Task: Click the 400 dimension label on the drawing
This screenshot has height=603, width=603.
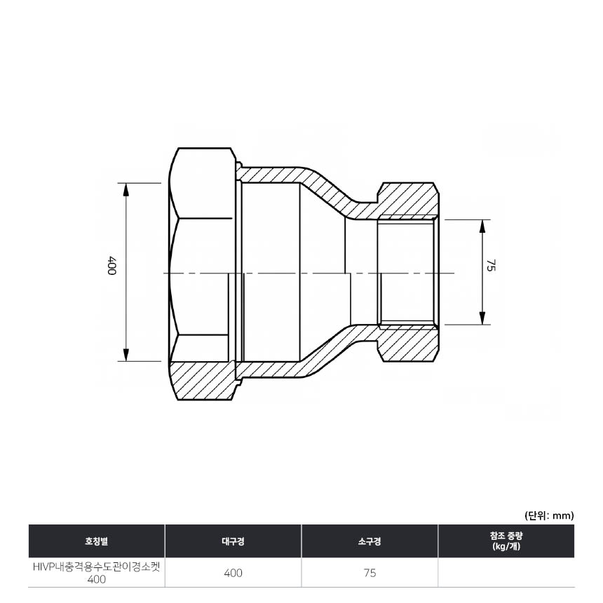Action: [112, 265]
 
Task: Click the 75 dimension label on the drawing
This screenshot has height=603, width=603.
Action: [491, 265]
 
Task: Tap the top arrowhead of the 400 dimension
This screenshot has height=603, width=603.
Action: [126, 190]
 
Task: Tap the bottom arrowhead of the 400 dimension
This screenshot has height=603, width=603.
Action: [126, 354]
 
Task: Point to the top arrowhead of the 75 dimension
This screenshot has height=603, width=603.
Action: [482, 227]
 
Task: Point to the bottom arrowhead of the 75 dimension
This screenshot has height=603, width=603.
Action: [482, 317]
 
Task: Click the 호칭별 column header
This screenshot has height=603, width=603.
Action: [97, 541]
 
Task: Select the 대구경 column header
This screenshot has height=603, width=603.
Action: [233, 541]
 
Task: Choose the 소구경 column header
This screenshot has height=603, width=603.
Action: [370, 541]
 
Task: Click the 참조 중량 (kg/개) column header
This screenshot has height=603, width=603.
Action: [506, 541]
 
